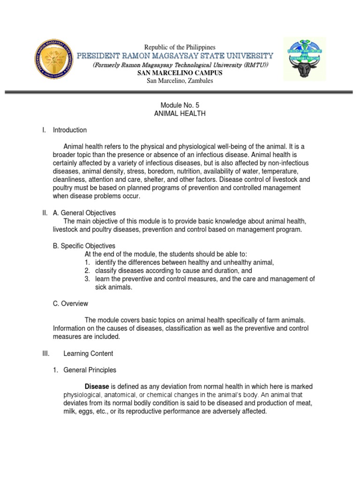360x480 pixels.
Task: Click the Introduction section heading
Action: [69, 130]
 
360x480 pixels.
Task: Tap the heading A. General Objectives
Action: [84, 213]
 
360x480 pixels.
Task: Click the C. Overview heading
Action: [70, 303]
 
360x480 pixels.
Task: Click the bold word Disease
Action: [97, 387]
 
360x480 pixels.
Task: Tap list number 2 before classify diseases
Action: [87, 270]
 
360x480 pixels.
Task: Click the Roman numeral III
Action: [46, 353]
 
